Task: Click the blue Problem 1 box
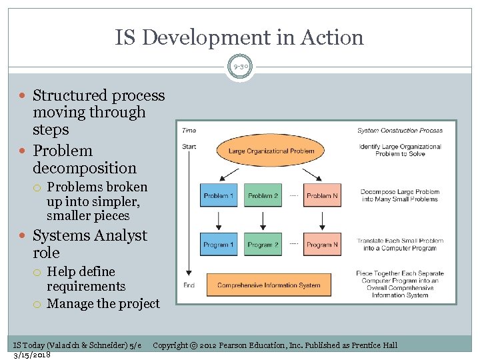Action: point(219,196)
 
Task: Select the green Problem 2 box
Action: point(263,196)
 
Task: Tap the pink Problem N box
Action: point(322,196)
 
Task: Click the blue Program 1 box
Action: point(219,245)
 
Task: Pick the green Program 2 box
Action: point(263,245)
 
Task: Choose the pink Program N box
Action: point(322,245)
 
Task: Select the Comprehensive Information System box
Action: point(269,285)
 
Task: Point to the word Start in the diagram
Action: point(189,147)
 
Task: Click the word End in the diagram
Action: point(189,285)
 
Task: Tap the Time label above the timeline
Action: point(189,131)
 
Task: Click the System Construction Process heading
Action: point(400,131)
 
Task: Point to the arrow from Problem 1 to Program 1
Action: point(219,220)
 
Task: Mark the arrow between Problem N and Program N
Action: point(322,220)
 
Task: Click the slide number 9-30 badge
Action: point(240,67)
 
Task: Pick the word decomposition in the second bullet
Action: point(84,168)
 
